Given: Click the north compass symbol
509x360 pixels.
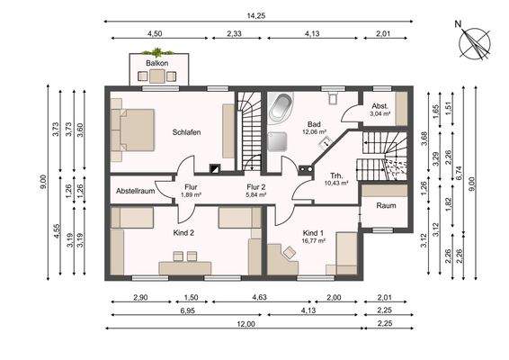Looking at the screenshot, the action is (474, 44).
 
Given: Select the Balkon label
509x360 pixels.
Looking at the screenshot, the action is (157, 63).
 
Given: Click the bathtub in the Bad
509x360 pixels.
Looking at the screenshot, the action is (281, 107).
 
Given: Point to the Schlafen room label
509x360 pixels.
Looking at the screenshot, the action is (187, 132).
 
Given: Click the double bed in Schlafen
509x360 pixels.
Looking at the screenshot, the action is (132, 130).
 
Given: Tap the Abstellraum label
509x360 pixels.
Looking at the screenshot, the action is (136, 191).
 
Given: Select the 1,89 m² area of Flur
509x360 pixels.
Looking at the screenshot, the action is (192, 195).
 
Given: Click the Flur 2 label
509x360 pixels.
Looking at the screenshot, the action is (256, 187).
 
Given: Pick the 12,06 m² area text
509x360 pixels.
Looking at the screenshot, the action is (314, 132).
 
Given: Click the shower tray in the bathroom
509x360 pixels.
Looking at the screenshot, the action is (277, 141).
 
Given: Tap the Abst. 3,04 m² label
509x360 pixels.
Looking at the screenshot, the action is (380, 110).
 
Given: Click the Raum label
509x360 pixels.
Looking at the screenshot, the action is (387, 206).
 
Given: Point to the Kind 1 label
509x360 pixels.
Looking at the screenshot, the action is (313, 233).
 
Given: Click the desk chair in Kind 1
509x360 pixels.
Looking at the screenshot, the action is (290, 252).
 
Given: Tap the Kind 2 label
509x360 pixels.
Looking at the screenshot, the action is (183, 233).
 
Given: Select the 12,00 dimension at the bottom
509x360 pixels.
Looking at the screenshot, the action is (246, 324).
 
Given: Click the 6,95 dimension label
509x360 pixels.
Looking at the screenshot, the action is (187, 310).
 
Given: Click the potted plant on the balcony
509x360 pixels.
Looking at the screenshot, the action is (157, 52).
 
